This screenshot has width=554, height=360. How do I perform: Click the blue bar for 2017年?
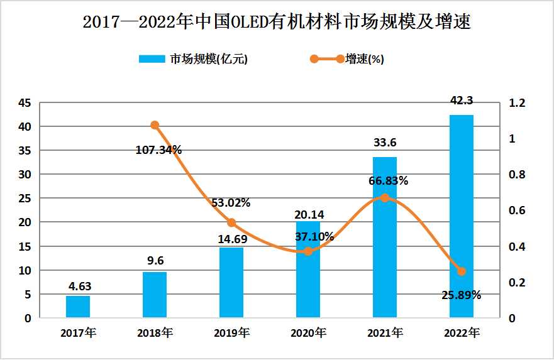(78, 307)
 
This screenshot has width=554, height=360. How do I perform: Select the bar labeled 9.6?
(155, 295)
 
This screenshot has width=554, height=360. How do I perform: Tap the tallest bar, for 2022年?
(462, 216)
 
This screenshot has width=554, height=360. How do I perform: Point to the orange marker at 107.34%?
(155, 125)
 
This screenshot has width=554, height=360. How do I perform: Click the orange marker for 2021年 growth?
(385, 197)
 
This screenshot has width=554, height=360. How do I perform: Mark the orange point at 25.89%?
(462, 271)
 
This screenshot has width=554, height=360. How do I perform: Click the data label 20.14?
(308, 214)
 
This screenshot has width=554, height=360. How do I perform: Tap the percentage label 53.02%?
(231, 203)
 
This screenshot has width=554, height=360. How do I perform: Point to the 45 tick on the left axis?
(25, 103)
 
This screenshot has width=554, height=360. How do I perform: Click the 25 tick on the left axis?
(25, 199)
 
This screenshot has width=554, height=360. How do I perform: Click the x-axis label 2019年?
(231, 332)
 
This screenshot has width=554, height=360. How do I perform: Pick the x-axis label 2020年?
(308, 332)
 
